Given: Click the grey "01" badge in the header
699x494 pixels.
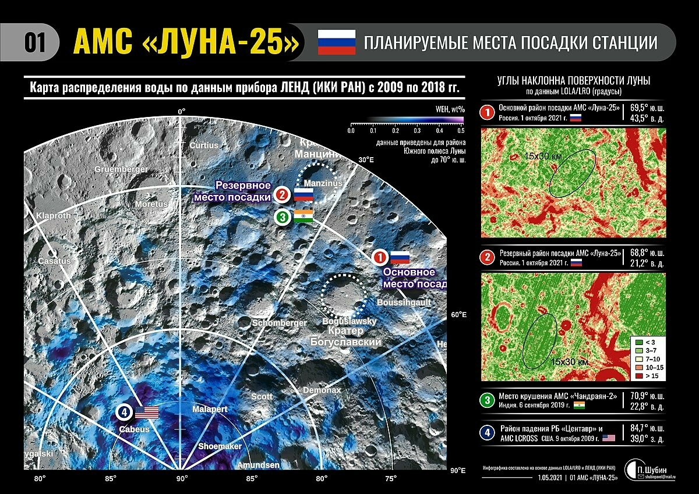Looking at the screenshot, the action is coord(34,42).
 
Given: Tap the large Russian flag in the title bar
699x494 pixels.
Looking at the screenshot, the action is coord(336,42).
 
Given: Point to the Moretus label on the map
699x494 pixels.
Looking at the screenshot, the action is coord(151,204).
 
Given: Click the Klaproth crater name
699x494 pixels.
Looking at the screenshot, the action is coord(54,215).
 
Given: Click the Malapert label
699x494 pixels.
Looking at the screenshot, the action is coord(210,410).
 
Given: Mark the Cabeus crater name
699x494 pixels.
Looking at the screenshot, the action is coord(135,429).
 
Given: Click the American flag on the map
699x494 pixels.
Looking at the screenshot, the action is coord(147,413).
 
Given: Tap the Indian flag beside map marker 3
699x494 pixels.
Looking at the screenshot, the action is coord(303,215).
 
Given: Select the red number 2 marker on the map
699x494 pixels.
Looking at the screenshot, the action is coord(282,194).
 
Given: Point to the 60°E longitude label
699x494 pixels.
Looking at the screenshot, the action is coord(459,315).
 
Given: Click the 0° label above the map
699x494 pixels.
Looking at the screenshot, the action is coord(181,111).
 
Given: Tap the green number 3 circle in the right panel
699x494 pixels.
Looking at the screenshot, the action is coord(486,400).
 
